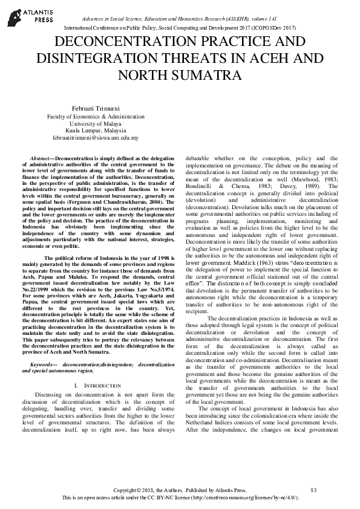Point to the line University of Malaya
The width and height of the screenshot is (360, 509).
96,123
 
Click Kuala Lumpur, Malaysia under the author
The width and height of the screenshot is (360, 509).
96,130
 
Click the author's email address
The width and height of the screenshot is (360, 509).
96,138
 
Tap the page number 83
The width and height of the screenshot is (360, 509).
313,490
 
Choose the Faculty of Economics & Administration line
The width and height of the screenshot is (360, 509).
96,115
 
